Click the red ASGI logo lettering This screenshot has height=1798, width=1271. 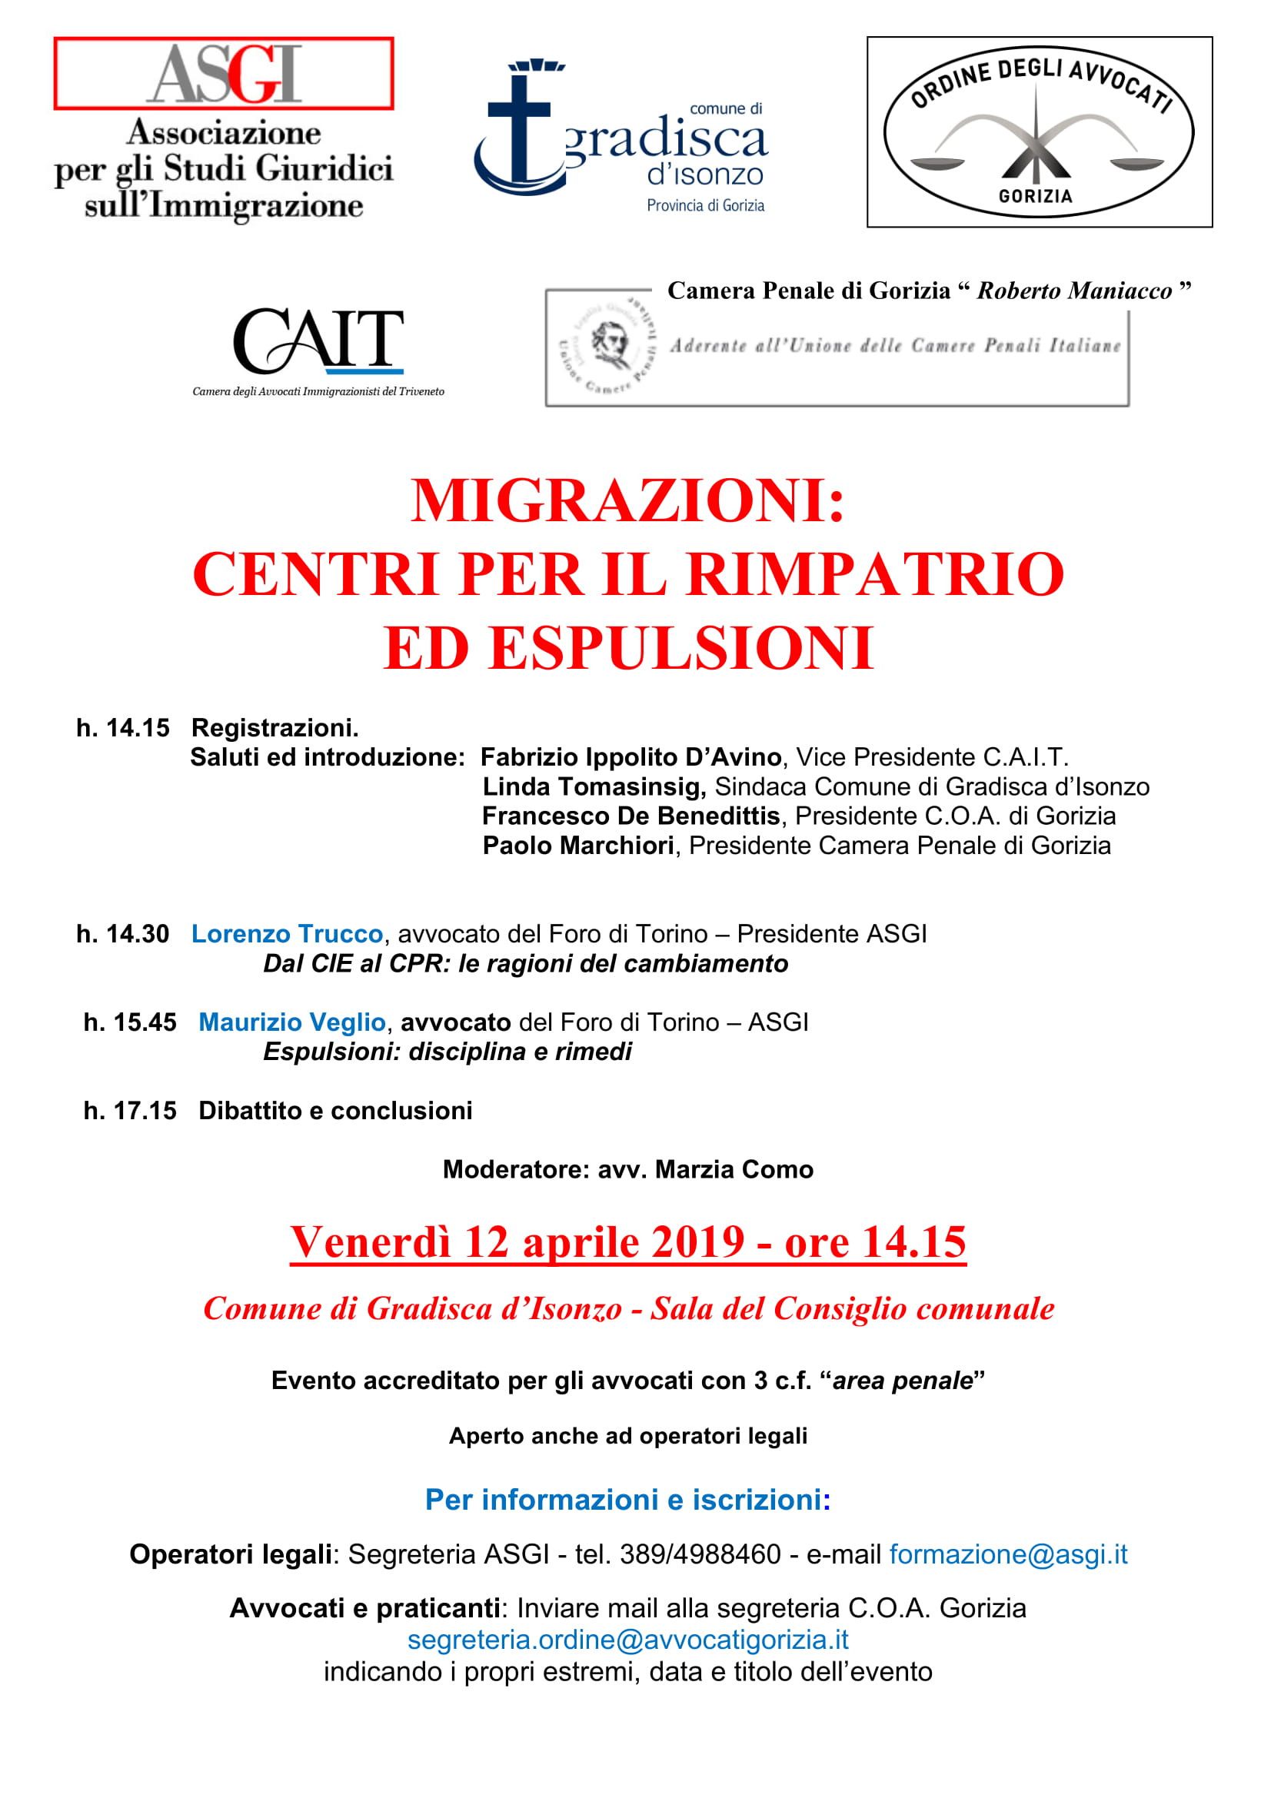[x=224, y=75]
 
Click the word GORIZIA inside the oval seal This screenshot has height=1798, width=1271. [x=1035, y=196]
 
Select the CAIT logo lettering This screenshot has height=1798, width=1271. [x=318, y=341]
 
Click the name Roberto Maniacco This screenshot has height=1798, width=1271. [x=1074, y=291]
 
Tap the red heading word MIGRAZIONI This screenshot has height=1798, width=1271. [x=627, y=501]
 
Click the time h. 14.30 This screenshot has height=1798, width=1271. [x=122, y=933]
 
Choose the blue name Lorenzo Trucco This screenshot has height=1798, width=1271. [x=287, y=933]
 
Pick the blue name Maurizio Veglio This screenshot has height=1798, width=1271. [x=291, y=1022]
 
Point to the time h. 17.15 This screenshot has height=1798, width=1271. [x=130, y=1111]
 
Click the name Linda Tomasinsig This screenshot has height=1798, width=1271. [x=594, y=786]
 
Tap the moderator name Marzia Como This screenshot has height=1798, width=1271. [x=734, y=1169]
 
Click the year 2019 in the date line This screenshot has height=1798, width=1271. [x=697, y=1242]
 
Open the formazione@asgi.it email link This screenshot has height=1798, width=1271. [x=1008, y=1554]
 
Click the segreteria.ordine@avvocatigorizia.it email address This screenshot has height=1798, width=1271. [x=627, y=1639]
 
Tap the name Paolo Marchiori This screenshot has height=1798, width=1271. [x=578, y=846]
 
